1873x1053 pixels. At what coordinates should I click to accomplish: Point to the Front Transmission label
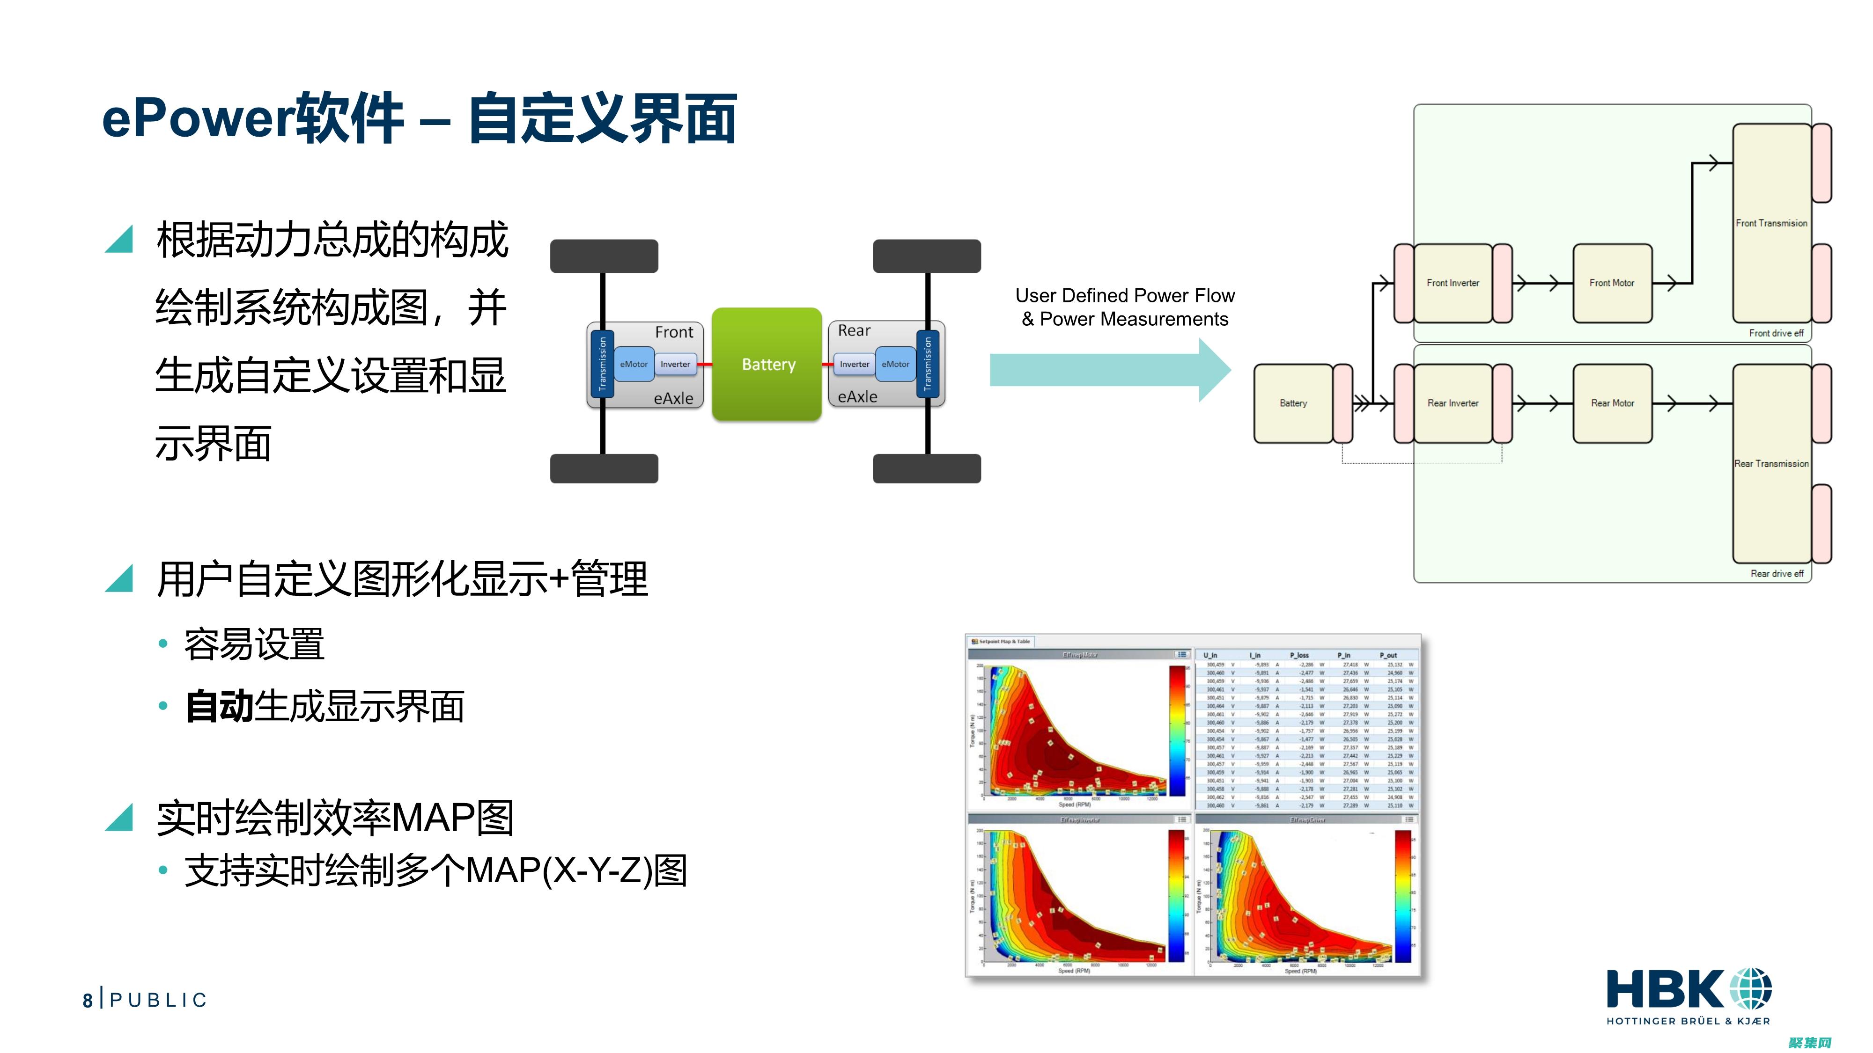[1770, 223]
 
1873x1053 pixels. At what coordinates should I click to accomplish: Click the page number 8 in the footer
[87, 1001]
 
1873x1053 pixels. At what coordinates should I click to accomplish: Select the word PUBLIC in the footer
[159, 1001]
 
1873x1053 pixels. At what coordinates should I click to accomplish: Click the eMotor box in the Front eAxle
[633, 364]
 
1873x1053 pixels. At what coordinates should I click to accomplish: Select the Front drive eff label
[1776, 333]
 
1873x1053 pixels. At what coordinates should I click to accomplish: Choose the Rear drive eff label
[1776, 573]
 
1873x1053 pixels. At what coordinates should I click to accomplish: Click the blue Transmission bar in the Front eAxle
[602, 364]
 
